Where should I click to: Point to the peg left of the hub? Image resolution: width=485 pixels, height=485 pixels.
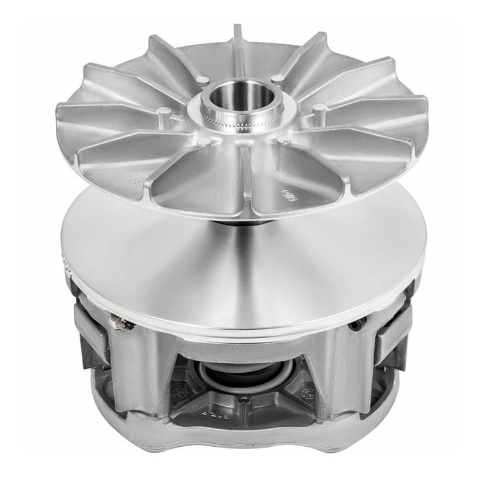coord(164,112)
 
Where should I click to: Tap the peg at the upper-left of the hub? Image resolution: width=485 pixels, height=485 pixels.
coord(202,80)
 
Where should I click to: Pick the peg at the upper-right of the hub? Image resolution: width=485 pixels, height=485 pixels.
coord(277,79)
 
